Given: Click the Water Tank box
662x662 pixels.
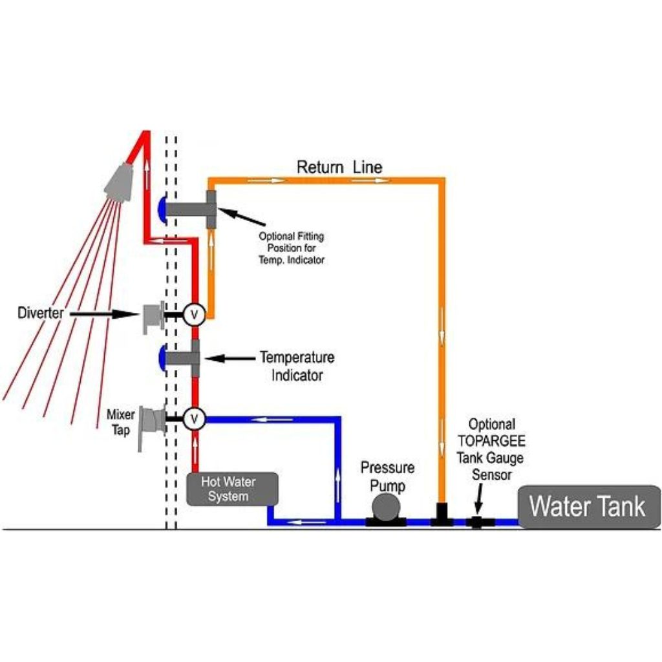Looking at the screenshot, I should click(x=588, y=506).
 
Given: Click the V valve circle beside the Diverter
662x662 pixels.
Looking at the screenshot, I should click(x=193, y=315).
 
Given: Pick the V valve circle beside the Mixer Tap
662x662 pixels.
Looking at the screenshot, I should click(x=193, y=419).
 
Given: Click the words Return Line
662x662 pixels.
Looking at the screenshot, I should click(x=339, y=167).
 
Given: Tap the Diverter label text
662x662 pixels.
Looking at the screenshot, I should click(x=40, y=314).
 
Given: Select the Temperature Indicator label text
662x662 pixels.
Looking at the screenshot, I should click(x=297, y=366).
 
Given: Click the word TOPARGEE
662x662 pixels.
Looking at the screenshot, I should click(x=492, y=442).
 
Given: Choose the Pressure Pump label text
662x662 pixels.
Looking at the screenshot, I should click(x=387, y=475).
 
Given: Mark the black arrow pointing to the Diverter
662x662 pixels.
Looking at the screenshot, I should click(x=103, y=314).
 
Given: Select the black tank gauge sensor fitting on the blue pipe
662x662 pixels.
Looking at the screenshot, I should click(x=477, y=522).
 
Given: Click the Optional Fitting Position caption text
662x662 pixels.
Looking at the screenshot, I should click(x=291, y=248).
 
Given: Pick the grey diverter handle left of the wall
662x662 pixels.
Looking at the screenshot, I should click(x=153, y=317).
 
